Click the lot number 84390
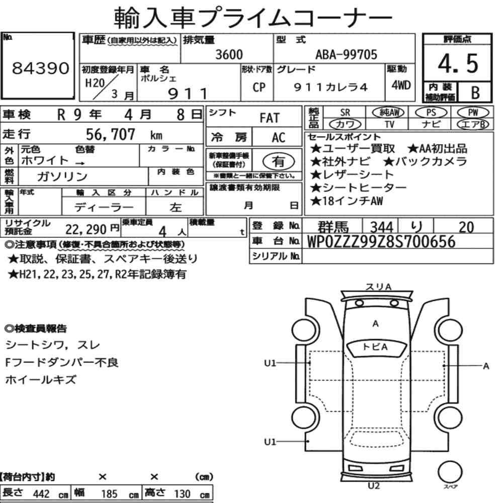(40, 68)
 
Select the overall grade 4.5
(458, 64)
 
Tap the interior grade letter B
(475, 93)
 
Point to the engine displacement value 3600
(229, 54)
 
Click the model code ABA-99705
(346, 54)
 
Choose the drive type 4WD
(401, 86)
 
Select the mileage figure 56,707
(110, 134)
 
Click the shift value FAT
(270, 118)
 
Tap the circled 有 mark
(278, 161)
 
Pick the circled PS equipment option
(431, 113)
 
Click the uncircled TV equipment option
(389, 124)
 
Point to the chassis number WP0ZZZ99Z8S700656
(381, 241)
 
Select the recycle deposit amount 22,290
(86, 229)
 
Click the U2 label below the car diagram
(374, 486)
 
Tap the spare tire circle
(450, 472)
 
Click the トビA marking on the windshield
(375, 347)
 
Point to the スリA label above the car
(378, 287)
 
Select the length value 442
(41, 494)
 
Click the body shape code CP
(259, 87)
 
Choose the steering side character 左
(176, 207)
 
